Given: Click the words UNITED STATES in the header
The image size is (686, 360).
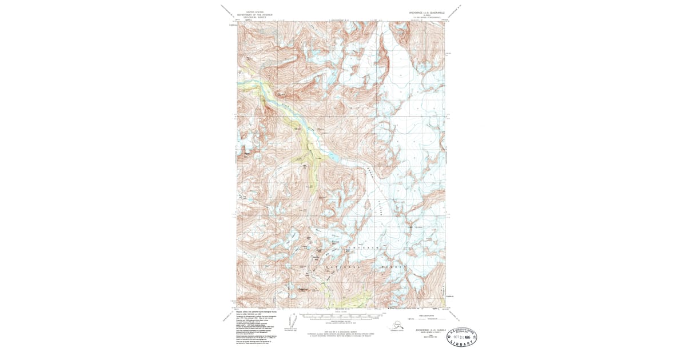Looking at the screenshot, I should coord(252,11).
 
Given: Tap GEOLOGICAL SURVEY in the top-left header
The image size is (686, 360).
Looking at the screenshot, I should coord(252,17).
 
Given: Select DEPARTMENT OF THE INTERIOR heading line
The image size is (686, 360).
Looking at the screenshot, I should coord(252,14).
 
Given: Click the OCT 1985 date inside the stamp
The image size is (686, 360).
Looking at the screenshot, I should coord(464,337).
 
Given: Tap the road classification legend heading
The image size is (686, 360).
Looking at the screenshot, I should coord(425,315).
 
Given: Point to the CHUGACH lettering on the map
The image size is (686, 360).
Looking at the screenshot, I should coord(355,247).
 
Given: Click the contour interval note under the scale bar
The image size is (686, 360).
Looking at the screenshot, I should coord(341,323).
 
